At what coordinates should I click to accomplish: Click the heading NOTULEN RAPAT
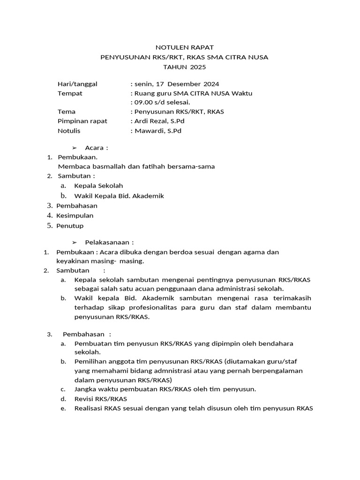click(x=184, y=47)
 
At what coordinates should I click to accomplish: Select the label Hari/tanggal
click(x=77, y=83)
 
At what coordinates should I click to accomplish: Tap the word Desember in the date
click(x=184, y=83)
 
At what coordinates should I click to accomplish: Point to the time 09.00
click(x=144, y=102)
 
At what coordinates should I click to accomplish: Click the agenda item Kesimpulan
click(x=75, y=216)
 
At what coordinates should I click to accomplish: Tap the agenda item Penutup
click(x=70, y=225)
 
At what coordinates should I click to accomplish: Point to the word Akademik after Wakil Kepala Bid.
click(x=148, y=196)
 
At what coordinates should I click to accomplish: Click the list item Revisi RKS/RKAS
click(x=101, y=399)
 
